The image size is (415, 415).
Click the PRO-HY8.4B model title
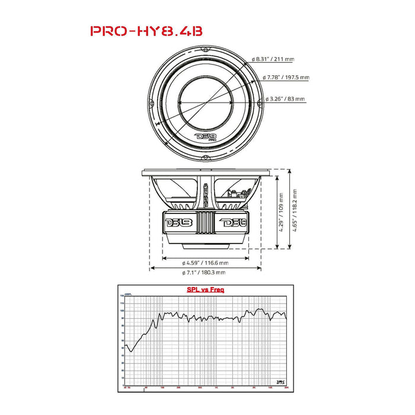coord(146,31)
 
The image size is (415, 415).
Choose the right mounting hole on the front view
coord(261,102)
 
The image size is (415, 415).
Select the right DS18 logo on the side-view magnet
coord(234,224)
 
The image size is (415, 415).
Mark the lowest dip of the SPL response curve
coord(132,352)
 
